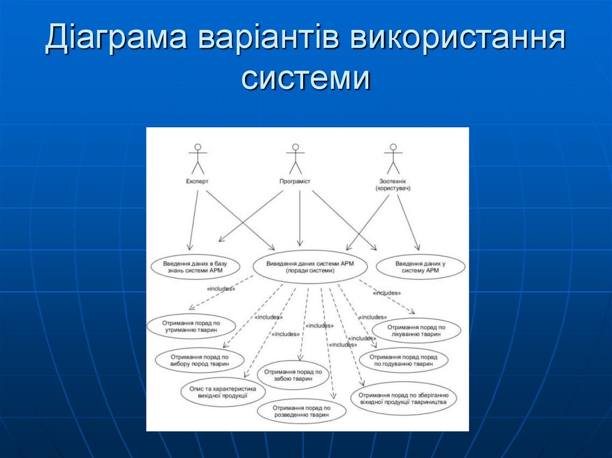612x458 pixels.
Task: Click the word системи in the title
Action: tap(305, 78)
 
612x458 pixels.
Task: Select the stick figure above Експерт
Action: tap(197, 159)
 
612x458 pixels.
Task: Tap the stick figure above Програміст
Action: tap(295, 159)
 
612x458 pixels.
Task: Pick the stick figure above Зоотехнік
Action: tap(393, 159)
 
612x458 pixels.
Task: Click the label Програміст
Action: tap(295, 181)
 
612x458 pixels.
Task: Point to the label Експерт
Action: tap(197, 181)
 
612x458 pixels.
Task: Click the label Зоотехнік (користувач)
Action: tap(393, 185)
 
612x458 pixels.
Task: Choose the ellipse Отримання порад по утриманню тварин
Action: tap(191, 325)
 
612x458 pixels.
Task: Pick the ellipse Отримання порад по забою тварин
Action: tap(293, 375)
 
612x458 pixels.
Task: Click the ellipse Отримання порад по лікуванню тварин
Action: tap(416, 331)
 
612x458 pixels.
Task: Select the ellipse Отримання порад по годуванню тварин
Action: tap(403, 360)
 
